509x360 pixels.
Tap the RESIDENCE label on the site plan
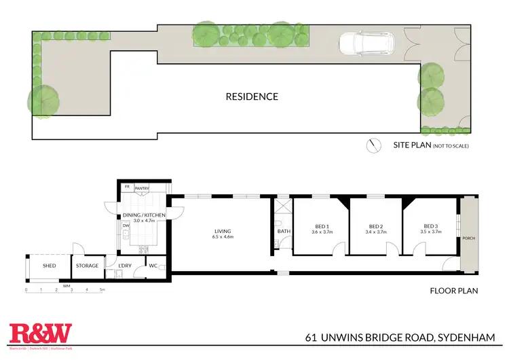252,96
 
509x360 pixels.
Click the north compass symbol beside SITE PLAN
371,145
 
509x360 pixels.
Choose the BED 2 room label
377,227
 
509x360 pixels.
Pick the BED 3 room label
432,227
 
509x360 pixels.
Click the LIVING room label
223,232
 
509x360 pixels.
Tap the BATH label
283,232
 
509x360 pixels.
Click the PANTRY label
142,188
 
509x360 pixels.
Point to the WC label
153,266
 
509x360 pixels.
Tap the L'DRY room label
125,266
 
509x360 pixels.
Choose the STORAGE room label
87,266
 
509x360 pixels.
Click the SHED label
49,266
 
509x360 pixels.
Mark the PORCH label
468,238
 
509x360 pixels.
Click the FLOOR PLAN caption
454,291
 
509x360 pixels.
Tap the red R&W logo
41,333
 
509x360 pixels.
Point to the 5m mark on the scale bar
102,290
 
